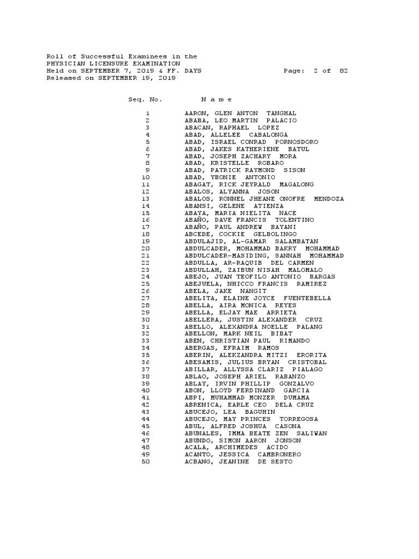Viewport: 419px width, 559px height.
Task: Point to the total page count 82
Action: pos(343,71)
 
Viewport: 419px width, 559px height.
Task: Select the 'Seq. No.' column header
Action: pos(145,99)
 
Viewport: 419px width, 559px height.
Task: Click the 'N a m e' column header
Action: pos(217,99)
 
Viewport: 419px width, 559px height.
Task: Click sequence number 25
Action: pos(145,284)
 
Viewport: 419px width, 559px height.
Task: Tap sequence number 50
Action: pos(145,461)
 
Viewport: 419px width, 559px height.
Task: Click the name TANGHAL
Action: pos(281,113)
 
